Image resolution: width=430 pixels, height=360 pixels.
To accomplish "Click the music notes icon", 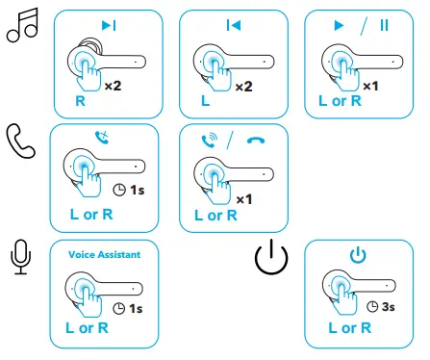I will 21,30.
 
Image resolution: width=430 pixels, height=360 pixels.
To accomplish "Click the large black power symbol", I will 271,258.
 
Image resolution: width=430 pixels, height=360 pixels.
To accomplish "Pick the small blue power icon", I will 358,255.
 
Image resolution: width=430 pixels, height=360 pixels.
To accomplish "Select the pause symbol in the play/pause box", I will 384,23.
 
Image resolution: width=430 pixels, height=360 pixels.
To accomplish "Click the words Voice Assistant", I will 104,254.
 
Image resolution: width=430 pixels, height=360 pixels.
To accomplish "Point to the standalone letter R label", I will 81,99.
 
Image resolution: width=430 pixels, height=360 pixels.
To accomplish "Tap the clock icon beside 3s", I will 373,306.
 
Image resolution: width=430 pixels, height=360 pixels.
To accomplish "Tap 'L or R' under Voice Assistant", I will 87,327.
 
